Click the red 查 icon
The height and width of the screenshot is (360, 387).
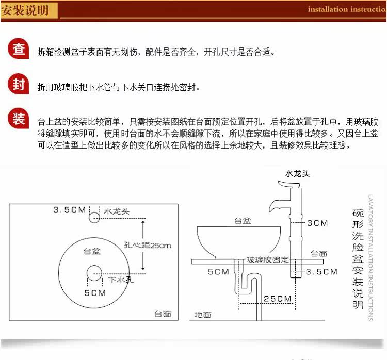coord(19,50)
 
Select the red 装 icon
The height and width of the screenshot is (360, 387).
coord(18,119)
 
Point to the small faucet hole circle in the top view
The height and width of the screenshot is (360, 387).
coord(94,217)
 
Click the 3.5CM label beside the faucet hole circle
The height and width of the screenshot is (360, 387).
coord(70,210)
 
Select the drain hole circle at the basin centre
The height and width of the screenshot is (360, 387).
coord(94,272)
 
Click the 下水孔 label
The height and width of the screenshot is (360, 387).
coord(121,280)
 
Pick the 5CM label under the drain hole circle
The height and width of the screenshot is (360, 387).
coord(94,292)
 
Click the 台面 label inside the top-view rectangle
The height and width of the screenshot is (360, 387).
coord(163,314)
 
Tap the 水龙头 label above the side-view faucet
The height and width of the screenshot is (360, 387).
coord(298,174)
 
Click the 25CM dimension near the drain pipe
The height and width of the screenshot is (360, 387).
coord(277,299)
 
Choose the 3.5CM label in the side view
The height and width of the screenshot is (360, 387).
coord(321,272)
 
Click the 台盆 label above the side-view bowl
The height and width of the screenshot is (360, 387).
coord(242,221)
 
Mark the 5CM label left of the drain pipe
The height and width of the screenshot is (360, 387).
coord(218,272)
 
